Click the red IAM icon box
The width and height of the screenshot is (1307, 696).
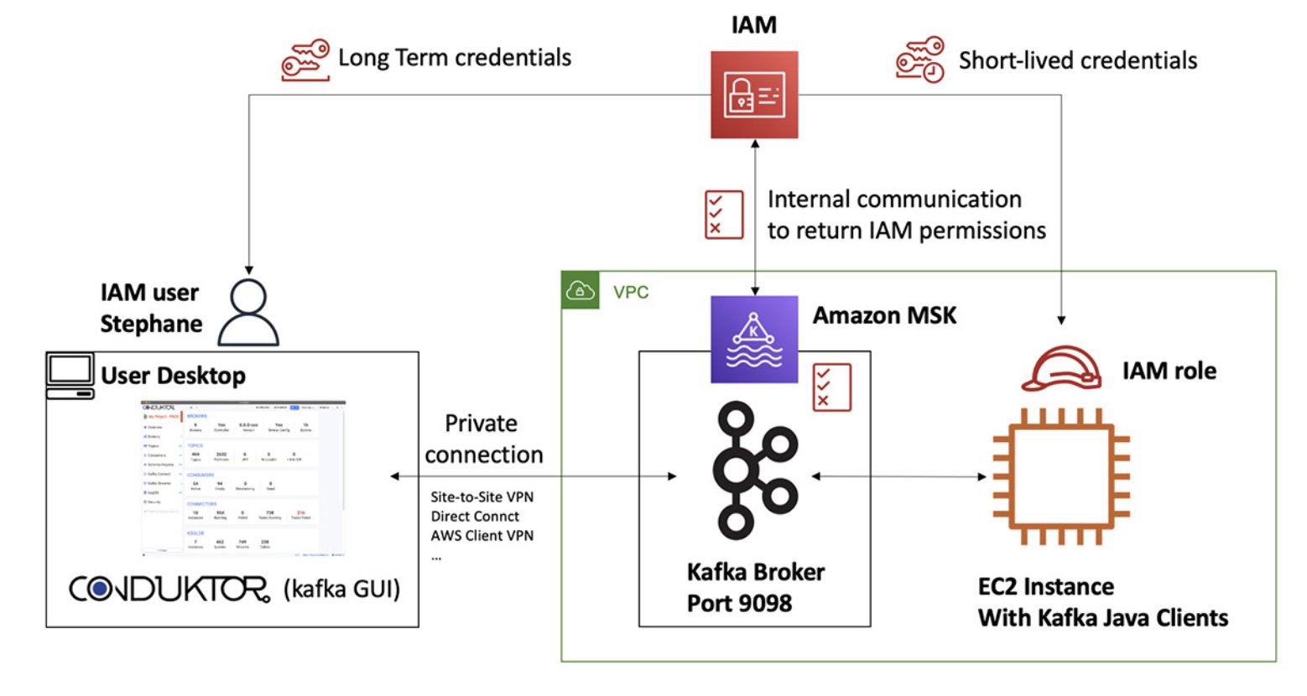tap(753, 94)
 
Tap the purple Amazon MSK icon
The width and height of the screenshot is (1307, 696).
tap(753, 339)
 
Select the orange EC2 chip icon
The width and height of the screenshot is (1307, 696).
tap(1060, 476)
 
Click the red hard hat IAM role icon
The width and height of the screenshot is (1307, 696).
tap(1060, 368)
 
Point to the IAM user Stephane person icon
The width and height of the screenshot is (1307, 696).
tap(248, 312)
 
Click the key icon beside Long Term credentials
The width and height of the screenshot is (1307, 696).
tap(305, 60)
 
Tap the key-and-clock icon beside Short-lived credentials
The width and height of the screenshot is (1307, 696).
tap(919, 60)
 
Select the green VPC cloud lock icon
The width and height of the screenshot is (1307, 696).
tap(581, 290)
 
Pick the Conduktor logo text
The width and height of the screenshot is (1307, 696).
tap(169, 589)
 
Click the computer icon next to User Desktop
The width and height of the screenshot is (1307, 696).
tap(70, 376)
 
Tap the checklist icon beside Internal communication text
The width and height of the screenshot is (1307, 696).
tap(723, 215)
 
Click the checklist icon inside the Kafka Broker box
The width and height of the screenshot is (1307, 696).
tap(831, 387)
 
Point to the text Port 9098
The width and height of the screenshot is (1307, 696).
tap(739, 603)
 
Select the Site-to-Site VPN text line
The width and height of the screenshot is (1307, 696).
tap(482, 496)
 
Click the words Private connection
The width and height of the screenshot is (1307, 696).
tap(483, 439)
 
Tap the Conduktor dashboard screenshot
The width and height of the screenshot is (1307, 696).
tap(243, 478)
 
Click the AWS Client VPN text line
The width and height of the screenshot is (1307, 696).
tap(482, 535)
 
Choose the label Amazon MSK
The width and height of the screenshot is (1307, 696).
tap(884, 315)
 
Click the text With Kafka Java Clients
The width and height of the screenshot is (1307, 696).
tap(1102, 618)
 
